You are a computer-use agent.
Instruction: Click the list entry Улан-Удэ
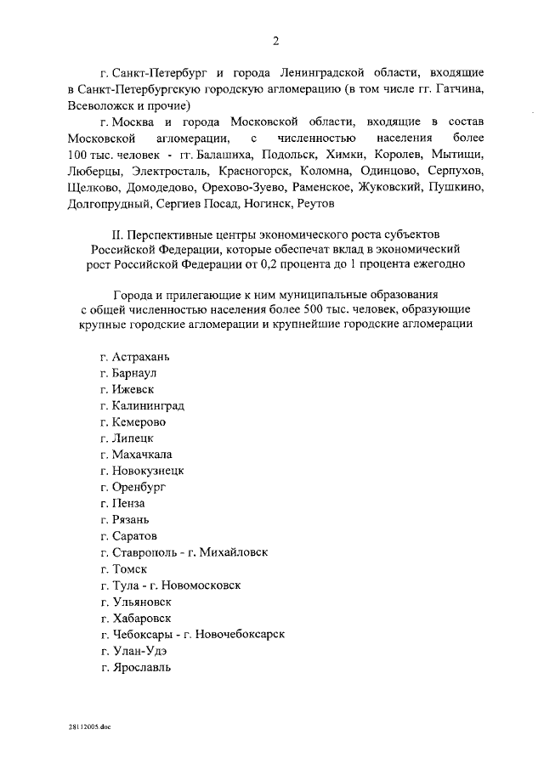[x=139, y=650]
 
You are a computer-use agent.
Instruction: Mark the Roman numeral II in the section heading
[x=118, y=232]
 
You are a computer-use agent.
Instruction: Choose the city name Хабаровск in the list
[x=141, y=617]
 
